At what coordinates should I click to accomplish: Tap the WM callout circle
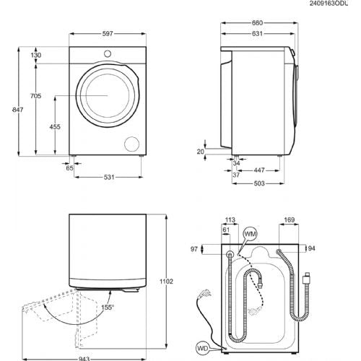point(249,234)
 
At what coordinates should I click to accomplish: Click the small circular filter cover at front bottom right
point(132,143)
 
